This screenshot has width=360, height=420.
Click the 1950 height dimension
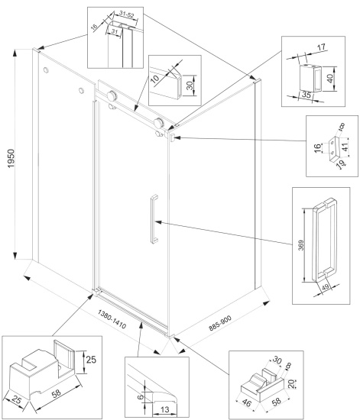click(x=11, y=159)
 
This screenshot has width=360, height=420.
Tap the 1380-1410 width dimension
click(x=112, y=319)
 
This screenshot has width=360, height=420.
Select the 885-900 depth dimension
click(x=220, y=323)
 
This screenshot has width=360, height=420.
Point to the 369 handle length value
click(x=301, y=245)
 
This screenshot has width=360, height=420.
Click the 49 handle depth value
click(x=326, y=287)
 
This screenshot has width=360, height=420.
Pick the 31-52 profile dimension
click(x=127, y=15)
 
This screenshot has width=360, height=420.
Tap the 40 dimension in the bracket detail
click(x=330, y=78)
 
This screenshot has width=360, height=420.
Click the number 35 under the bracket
click(x=306, y=94)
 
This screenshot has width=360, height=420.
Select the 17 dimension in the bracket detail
click(x=321, y=47)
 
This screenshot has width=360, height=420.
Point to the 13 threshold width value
click(x=165, y=409)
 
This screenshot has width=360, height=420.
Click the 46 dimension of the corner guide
click(x=246, y=402)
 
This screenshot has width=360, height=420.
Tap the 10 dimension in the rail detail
click(x=154, y=79)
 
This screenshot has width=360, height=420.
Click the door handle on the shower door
click(x=154, y=219)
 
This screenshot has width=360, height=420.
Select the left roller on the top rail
click(x=112, y=95)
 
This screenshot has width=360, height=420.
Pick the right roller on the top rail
click(x=159, y=122)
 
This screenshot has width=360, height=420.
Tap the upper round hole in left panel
click(x=46, y=70)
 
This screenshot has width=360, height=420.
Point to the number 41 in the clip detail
click(x=345, y=147)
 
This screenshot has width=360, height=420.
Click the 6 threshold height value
click(x=141, y=396)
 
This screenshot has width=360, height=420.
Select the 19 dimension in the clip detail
click(x=341, y=164)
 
